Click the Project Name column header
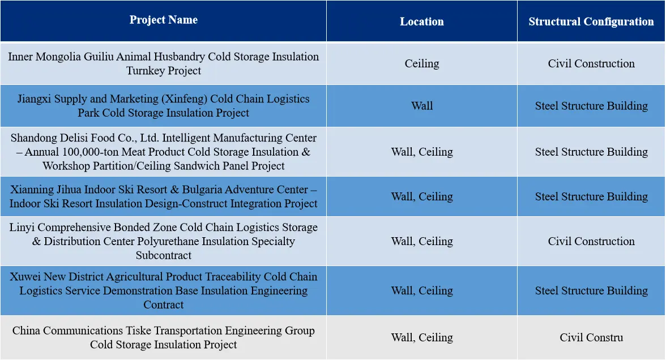click(164, 20)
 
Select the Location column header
click(422, 22)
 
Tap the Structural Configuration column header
click(591, 22)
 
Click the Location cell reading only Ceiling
click(422, 63)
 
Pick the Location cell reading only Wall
click(422, 106)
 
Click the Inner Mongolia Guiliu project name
click(164, 63)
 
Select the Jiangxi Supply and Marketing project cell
click(164, 106)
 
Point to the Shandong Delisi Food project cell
click(164, 152)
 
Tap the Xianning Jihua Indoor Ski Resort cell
click(164, 196)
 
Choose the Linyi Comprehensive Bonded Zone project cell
click(164, 241)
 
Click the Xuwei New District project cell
click(164, 291)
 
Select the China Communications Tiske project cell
click(164, 337)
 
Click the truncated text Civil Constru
click(591, 337)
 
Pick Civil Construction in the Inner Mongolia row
click(591, 63)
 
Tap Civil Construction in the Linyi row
click(591, 241)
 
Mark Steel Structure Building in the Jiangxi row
click(591, 106)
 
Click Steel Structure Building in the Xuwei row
click(591, 291)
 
